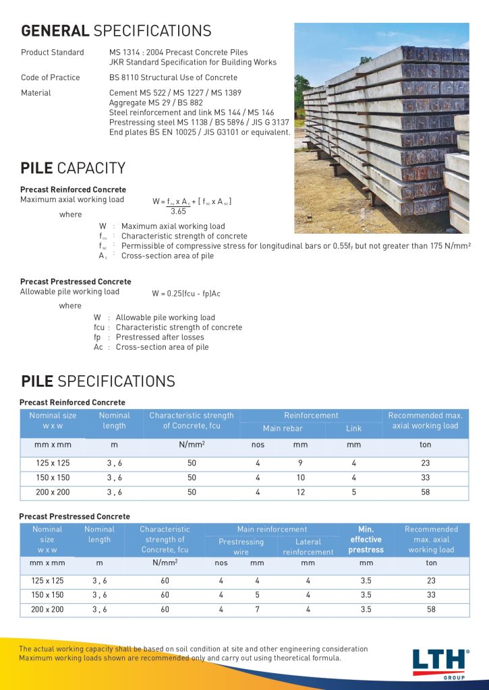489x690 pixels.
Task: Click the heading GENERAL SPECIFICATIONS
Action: point(116,31)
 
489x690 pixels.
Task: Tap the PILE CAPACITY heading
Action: point(73,168)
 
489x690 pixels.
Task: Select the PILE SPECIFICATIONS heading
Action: point(98,381)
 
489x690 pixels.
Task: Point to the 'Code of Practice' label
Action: point(50,77)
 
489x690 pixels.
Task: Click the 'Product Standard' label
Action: point(53,53)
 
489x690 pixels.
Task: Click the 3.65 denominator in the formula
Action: point(179,211)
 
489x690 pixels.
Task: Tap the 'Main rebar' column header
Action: point(283,429)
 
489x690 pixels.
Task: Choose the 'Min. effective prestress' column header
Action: point(366,540)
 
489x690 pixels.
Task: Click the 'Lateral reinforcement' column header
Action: point(308,546)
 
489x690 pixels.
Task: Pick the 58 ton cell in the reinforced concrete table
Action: point(425,493)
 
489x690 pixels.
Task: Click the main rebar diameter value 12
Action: point(300,493)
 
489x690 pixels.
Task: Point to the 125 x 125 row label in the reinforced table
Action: point(53,463)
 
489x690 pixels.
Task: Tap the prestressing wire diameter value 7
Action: point(257,610)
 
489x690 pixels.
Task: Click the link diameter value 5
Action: point(353,493)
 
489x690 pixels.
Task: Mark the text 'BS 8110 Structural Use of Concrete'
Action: point(173,77)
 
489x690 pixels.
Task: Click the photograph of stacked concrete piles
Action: point(381,128)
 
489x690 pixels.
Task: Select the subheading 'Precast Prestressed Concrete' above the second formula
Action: point(76,282)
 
